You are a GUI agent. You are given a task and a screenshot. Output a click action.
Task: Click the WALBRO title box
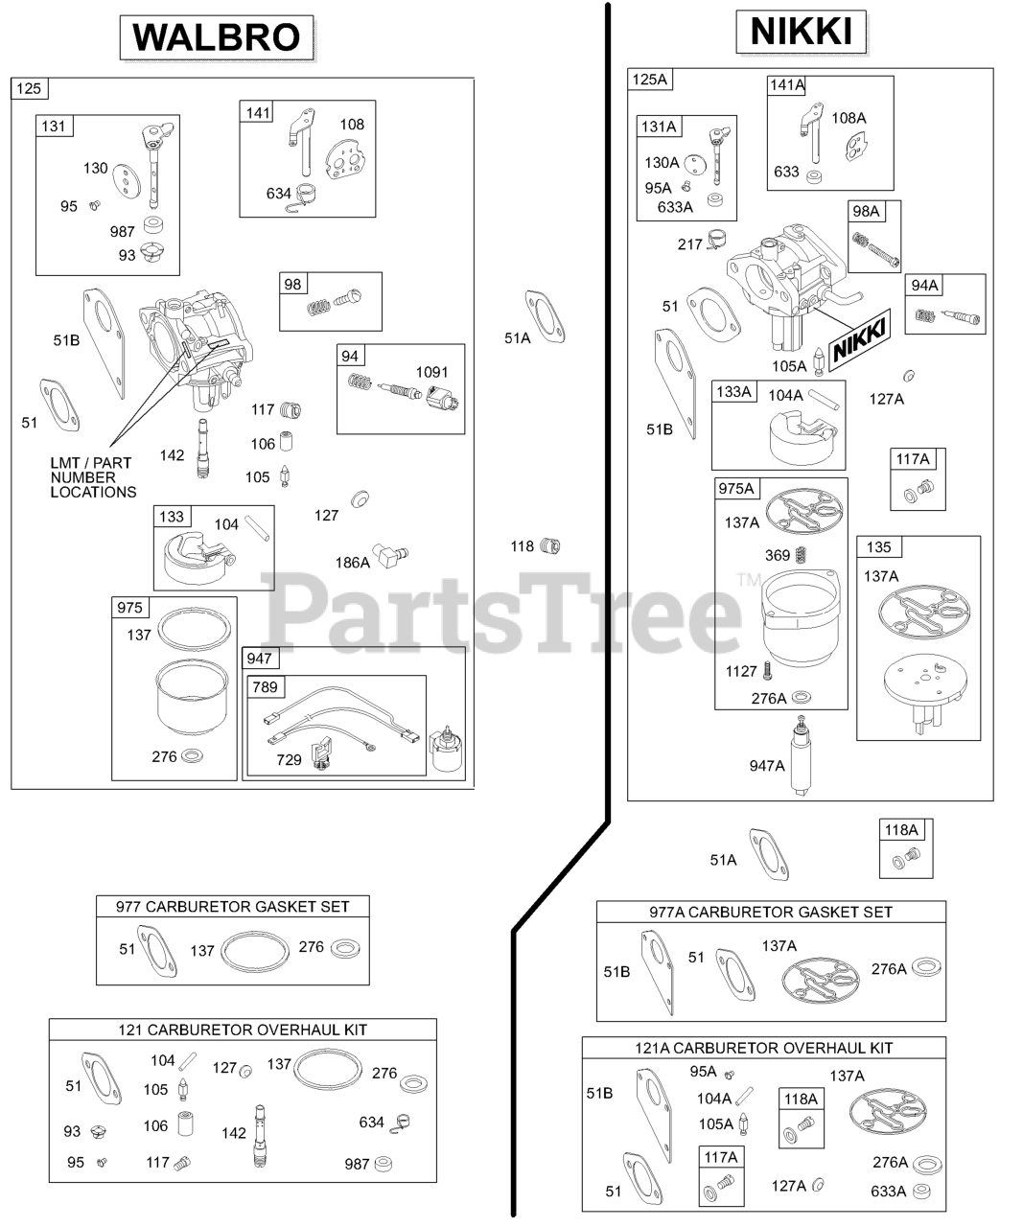(x=217, y=36)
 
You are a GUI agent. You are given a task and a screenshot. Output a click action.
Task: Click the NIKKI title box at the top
(x=801, y=32)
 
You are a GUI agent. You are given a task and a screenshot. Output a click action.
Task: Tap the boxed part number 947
(x=259, y=659)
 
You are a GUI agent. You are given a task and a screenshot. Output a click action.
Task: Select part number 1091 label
(x=431, y=372)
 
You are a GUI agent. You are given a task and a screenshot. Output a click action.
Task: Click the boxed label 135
(x=878, y=547)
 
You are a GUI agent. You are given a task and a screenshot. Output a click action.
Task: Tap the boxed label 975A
(x=736, y=489)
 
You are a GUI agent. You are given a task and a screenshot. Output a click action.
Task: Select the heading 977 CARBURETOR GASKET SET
(x=232, y=906)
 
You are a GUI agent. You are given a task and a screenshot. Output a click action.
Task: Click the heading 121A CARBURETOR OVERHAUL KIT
(x=763, y=1048)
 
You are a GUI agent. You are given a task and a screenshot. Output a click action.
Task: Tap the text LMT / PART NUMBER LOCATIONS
(x=93, y=477)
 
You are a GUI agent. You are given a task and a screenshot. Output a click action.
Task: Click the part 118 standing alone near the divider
(x=549, y=546)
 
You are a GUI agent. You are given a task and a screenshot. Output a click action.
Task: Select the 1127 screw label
(x=741, y=671)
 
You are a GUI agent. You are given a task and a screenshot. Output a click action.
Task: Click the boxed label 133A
(x=734, y=391)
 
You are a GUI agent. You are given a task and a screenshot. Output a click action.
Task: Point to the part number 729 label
(x=289, y=759)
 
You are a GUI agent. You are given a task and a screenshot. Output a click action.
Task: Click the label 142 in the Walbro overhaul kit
(x=233, y=1132)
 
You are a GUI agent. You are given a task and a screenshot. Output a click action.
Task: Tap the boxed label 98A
(x=865, y=211)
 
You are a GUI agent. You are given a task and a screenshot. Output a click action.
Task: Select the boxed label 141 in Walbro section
(x=259, y=112)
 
